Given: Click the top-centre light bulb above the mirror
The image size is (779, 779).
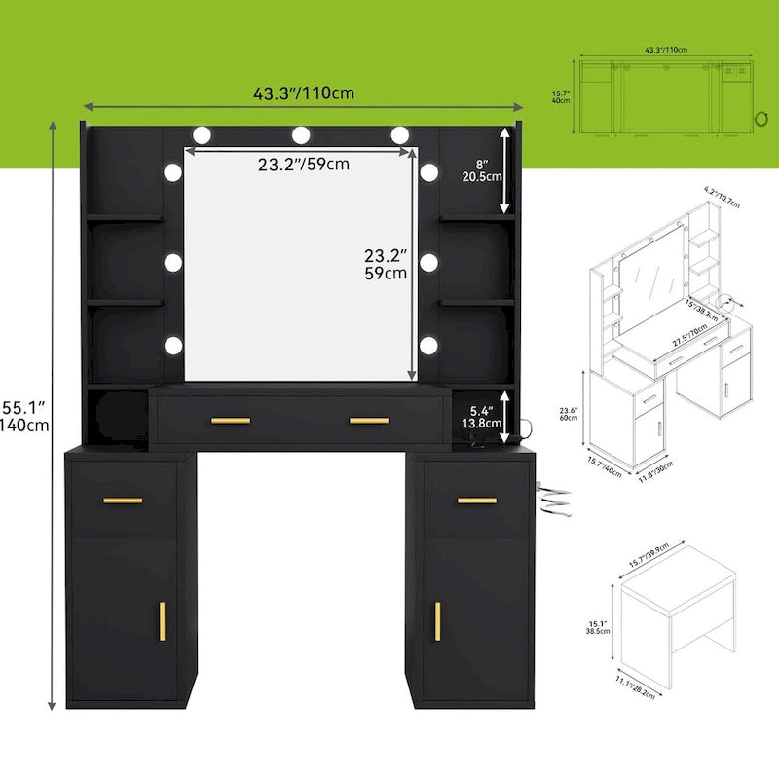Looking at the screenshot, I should pos(301,133).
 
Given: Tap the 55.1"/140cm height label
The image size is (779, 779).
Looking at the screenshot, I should pos(25,413).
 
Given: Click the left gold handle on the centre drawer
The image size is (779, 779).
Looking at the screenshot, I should pos(231,421).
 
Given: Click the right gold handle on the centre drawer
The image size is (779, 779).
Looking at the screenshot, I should pos(369,421).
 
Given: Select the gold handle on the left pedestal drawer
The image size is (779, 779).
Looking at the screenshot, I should pos(123,501).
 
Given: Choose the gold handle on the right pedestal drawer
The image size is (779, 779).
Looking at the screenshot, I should pos(477,501).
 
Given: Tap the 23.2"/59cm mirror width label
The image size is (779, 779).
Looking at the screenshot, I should pos(304,165).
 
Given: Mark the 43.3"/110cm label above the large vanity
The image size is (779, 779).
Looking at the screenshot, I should pos(303,93).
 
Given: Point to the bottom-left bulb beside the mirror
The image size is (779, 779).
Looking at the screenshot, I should pos(173,344).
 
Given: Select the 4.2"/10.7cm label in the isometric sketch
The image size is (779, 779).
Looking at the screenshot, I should pos(721,204).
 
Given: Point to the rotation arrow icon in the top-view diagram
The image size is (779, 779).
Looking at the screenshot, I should pos(758,118).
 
